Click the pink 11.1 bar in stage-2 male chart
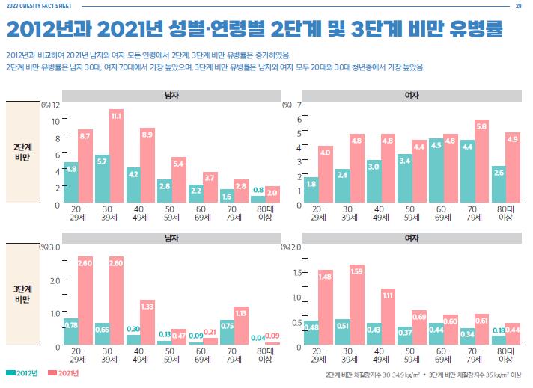(116, 157)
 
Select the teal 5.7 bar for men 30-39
(102, 179)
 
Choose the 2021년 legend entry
(64, 372)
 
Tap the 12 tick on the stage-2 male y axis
(55, 105)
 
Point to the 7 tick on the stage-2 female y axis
(299, 105)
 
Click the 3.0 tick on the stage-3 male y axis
(55, 247)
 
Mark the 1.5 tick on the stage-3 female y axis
(296, 272)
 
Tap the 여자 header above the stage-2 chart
(411, 96)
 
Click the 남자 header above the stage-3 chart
(171, 238)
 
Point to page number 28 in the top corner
(518, 6)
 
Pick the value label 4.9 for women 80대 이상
(513, 138)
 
